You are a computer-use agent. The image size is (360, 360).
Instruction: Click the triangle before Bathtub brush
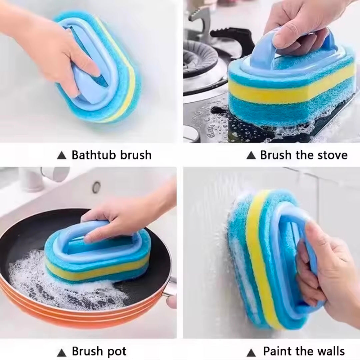[61, 156]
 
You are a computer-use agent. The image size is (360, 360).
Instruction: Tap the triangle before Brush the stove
[251, 155]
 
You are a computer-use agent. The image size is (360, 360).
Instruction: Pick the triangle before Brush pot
[61, 352]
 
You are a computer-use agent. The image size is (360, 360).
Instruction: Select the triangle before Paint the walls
[252, 352]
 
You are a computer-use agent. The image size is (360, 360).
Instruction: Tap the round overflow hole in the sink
[97, 187]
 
